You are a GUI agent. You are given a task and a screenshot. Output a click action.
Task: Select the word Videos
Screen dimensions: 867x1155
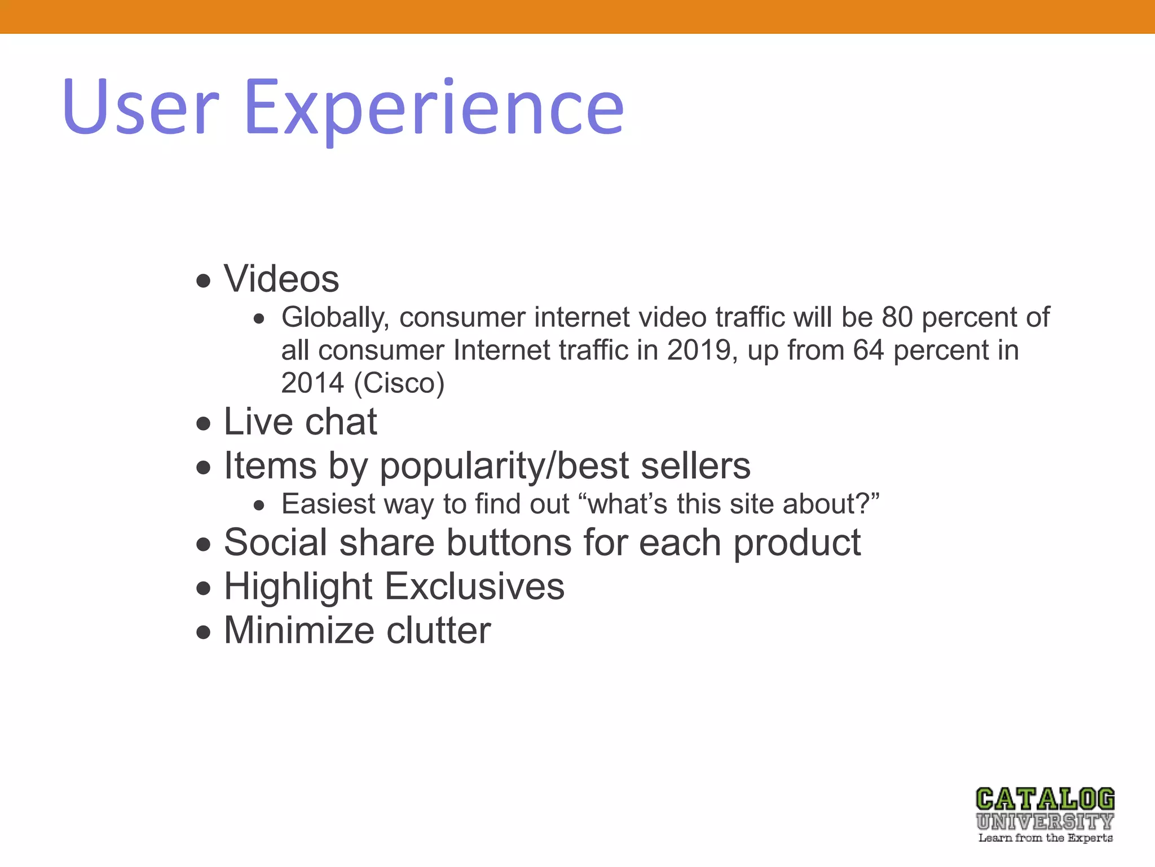point(281,279)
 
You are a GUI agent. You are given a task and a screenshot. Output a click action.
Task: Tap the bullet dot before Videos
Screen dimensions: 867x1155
point(204,281)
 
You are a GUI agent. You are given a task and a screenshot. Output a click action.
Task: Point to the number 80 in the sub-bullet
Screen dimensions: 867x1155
point(897,317)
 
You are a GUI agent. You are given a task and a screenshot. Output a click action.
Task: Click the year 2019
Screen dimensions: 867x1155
point(699,351)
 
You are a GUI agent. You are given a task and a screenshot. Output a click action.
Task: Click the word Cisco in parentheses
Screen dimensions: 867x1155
point(399,383)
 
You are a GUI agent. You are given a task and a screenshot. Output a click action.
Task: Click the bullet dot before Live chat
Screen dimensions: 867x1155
point(204,423)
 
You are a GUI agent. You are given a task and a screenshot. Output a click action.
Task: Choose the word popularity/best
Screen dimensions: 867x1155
point(505,467)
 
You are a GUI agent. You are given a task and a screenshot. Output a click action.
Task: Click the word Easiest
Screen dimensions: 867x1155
point(328,504)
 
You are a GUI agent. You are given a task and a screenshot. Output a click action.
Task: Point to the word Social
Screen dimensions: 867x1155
point(275,542)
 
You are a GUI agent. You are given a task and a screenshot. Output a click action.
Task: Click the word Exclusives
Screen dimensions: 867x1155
point(474,586)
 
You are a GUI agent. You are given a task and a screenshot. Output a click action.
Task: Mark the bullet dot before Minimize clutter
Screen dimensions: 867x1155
point(204,633)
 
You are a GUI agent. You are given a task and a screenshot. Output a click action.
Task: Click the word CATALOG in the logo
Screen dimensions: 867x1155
point(1045,800)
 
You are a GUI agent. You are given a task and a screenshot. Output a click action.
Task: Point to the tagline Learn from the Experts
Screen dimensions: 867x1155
point(1046,838)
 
